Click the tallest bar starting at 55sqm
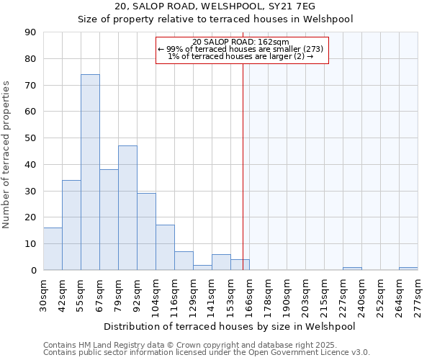pos(90,172)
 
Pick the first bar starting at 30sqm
pos(53,248)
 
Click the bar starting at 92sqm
pos(146,231)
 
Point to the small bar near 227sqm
pos(352,269)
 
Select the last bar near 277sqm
pos(408,269)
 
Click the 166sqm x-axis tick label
pos(250,294)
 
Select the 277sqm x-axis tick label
pos(418,294)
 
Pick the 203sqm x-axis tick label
pos(306,294)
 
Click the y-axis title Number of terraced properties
pos(7,154)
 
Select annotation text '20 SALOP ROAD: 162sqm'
pos(241,42)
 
